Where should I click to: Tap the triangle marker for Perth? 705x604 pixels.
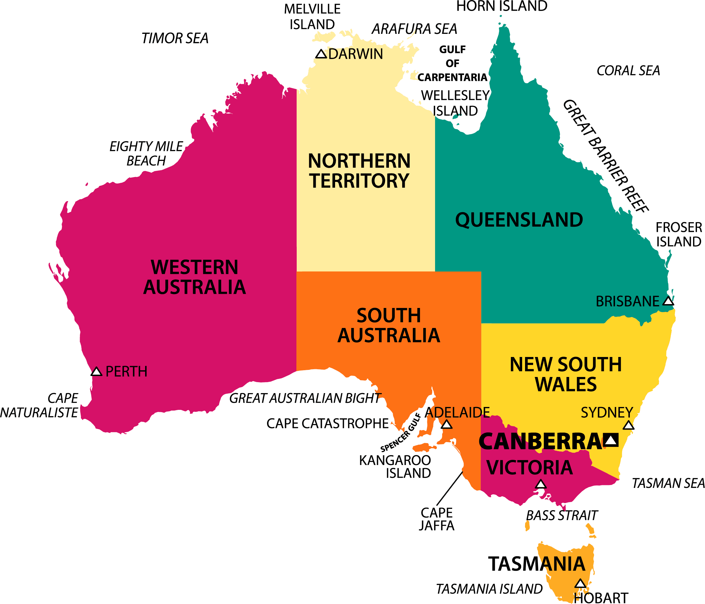coord(96,371)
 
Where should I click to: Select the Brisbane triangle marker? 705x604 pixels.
coord(668,302)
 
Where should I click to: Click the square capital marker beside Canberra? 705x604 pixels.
coord(611,440)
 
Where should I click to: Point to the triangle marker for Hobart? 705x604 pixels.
coord(580,584)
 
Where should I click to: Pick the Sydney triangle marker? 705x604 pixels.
coord(628,425)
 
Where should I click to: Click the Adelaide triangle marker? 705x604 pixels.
coord(446,425)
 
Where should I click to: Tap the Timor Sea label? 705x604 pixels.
coord(174,38)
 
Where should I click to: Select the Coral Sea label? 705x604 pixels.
coord(628,71)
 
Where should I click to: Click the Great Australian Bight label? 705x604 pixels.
coord(305,398)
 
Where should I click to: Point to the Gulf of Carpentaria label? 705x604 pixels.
coord(452,64)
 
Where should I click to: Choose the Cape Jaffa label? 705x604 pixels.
coord(437,519)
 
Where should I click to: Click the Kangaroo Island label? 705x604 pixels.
coord(395,467)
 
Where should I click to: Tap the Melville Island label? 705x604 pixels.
coord(312,17)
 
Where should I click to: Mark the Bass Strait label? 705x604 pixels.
coord(561,515)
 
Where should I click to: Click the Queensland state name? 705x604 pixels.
coord(519,220)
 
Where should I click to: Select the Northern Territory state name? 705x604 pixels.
coord(359,171)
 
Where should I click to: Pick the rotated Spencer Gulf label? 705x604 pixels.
coord(401,433)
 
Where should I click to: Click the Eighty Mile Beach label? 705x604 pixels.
coord(146,153)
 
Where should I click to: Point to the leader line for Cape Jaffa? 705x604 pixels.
coord(450,488)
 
